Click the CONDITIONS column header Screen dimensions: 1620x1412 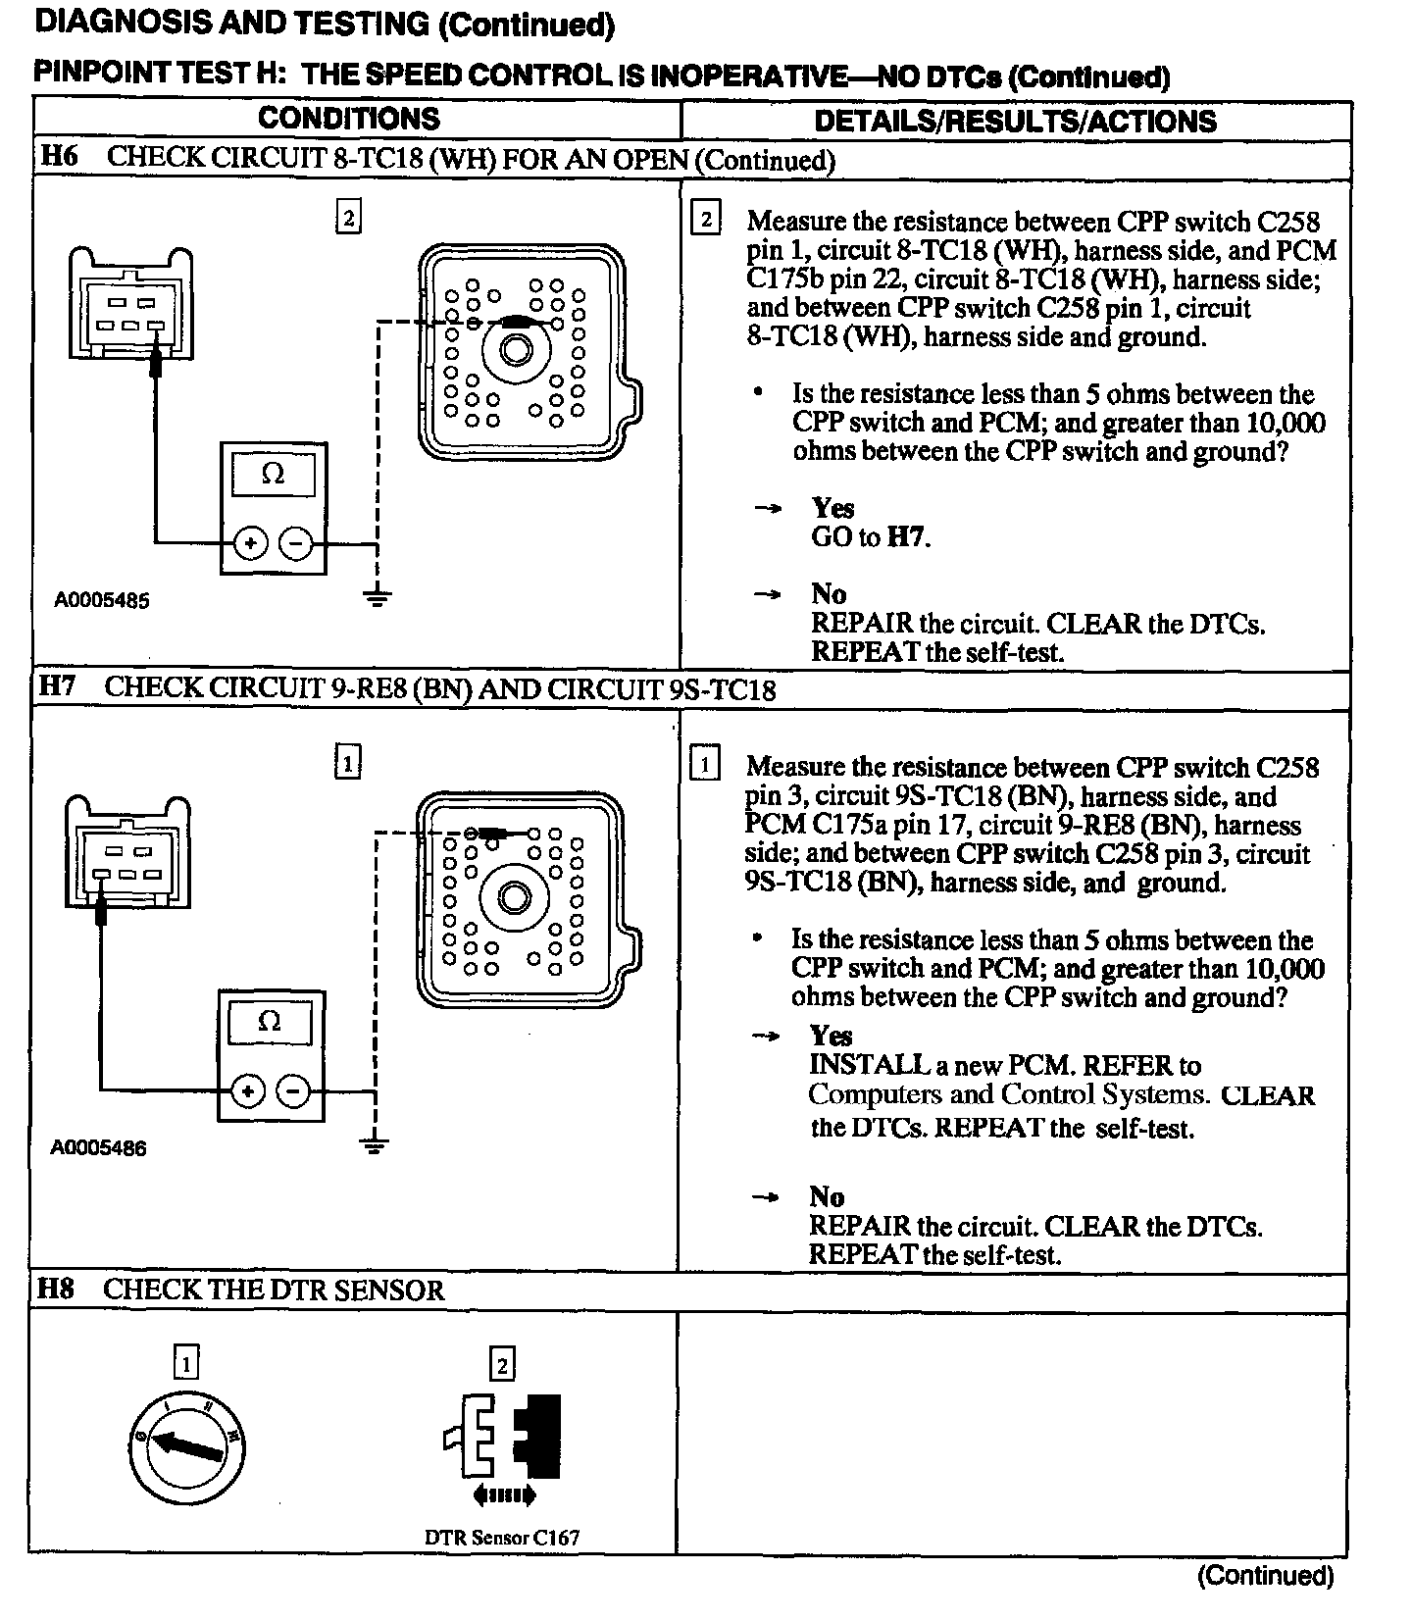pyautogui.click(x=349, y=119)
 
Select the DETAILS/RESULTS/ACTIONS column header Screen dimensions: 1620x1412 pyautogui.click(x=1015, y=121)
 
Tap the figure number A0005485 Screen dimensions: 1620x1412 pyautogui.click(x=102, y=600)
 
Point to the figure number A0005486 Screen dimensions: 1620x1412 pyautogui.click(x=98, y=1147)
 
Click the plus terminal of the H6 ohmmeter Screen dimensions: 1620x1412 pyautogui.click(x=251, y=542)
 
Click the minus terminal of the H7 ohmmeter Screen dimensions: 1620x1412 pyautogui.click(x=293, y=1090)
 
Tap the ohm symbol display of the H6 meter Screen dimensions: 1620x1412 pyautogui.click(x=273, y=476)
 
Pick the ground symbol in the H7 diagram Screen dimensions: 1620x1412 pyautogui.click(x=374, y=1142)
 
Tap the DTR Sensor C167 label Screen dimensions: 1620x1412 pyautogui.click(x=502, y=1538)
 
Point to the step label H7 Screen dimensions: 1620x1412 pyautogui.click(x=57, y=685)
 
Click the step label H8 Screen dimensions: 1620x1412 pyautogui.click(x=56, y=1289)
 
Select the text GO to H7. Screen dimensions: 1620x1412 pyautogui.click(x=871, y=537)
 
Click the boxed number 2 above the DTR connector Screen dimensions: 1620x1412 pyautogui.click(x=502, y=1364)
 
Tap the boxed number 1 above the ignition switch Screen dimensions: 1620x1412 pyautogui.click(x=185, y=1362)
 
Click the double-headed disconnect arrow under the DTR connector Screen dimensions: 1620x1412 pyautogui.click(x=504, y=1495)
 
